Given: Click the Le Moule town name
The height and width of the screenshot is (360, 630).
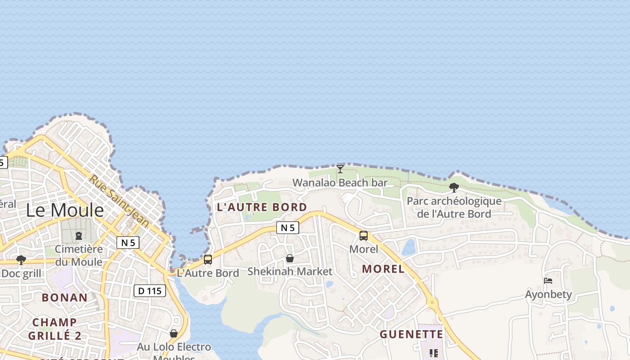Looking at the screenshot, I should pyautogui.click(x=65, y=210).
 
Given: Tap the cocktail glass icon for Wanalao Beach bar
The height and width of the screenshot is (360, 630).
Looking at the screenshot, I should pyautogui.click(x=340, y=169).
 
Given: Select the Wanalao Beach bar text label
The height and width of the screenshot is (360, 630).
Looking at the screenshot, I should pyautogui.click(x=340, y=183).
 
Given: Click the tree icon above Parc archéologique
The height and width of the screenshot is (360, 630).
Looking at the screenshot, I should pyautogui.click(x=454, y=187).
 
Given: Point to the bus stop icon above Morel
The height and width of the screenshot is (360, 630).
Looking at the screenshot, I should pyautogui.click(x=364, y=235).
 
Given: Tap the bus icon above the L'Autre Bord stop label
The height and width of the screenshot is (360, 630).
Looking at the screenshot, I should pyautogui.click(x=208, y=259).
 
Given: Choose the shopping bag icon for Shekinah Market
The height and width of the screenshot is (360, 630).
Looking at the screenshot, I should pyautogui.click(x=290, y=258).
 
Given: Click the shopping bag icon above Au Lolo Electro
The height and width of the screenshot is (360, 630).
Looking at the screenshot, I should pyautogui.click(x=174, y=333).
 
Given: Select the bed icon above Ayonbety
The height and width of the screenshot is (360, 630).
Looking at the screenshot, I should pyautogui.click(x=548, y=281).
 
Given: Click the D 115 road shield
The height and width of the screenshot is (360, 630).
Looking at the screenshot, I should pyautogui.click(x=150, y=291).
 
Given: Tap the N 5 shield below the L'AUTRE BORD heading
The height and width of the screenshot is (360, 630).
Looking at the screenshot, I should pyautogui.click(x=288, y=228).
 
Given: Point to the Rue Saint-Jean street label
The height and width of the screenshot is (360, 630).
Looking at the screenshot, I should pyautogui.click(x=119, y=200).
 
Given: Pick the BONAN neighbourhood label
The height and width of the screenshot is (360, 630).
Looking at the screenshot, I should pyautogui.click(x=65, y=297).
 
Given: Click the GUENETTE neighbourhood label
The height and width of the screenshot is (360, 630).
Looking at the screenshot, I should pyautogui.click(x=411, y=334).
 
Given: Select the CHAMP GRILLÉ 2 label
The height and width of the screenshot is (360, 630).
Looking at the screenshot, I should pyautogui.click(x=55, y=329).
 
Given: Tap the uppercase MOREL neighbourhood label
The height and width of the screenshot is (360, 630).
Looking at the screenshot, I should pyautogui.click(x=383, y=269).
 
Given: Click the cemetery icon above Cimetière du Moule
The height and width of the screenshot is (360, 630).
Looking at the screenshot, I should pyautogui.click(x=79, y=235).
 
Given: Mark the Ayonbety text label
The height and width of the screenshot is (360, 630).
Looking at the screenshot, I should pyautogui.click(x=549, y=295).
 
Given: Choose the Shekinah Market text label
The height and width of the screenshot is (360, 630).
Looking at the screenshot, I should pyautogui.click(x=290, y=271).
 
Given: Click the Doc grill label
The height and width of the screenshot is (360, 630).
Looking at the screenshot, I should pyautogui.click(x=21, y=274).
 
